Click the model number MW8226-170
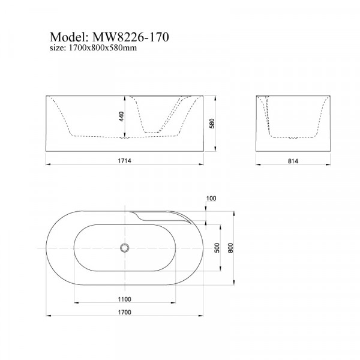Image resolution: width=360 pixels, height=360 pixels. point(130,37)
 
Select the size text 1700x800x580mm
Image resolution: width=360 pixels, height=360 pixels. point(103,48)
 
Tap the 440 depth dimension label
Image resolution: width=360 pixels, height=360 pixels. point(121,116)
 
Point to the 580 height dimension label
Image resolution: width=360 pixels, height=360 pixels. point(212,123)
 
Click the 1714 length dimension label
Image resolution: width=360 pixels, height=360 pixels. point(124,161)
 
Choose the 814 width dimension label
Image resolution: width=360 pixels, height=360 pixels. point(293,161)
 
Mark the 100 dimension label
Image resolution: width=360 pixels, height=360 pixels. point(211,198)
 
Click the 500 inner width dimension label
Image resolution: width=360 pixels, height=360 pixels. point(217,248)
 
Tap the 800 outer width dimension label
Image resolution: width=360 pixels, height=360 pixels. point(230,248)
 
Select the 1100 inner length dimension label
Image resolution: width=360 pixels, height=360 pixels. point(124,299)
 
